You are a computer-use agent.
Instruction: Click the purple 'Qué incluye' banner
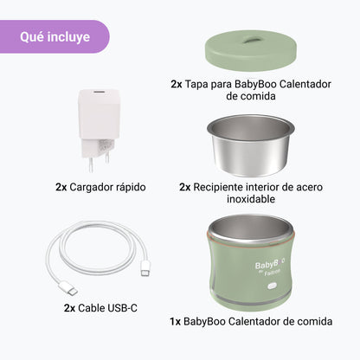(x=55, y=36)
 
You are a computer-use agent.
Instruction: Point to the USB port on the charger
(x=99, y=92)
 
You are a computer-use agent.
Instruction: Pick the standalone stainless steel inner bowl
(x=250, y=145)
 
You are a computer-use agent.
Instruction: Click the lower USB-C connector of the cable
(x=67, y=289)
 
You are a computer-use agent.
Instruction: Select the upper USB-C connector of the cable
(x=145, y=268)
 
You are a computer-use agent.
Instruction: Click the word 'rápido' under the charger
(x=131, y=188)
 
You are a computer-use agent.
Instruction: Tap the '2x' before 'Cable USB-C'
(x=69, y=308)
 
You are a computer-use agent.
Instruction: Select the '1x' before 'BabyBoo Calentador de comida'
(x=175, y=321)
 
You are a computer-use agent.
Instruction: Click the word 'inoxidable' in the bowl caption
(x=251, y=199)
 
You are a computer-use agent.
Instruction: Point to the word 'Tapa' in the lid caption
(x=196, y=84)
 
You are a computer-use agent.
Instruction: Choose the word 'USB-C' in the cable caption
(x=122, y=308)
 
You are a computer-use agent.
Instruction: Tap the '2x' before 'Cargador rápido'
(x=61, y=187)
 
